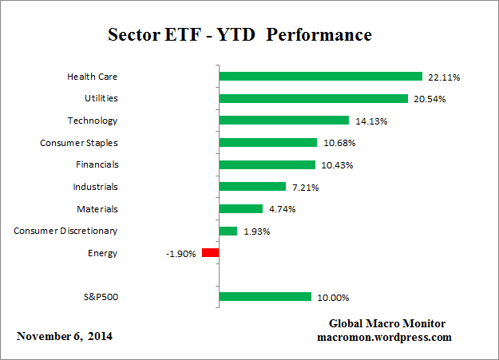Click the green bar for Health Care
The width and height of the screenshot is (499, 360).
click(320, 77)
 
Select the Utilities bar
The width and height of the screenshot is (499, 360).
click(314, 99)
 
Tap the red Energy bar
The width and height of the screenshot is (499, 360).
click(210, 253)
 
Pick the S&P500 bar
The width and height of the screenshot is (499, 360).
click(265, 297)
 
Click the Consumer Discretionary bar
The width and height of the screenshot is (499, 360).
click(228, 231)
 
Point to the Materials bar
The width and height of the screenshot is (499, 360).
click(240, 209)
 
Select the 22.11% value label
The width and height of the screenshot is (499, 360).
click(443, 77)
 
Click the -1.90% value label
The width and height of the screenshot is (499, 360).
click(180, 254)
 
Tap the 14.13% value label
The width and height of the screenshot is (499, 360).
click(370, 121)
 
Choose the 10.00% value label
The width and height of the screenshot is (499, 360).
click(331, 298)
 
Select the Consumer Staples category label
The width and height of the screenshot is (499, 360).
click(79, 143)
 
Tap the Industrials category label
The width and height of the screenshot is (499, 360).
click(94, 187)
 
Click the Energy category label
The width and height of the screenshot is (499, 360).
click(103, 253)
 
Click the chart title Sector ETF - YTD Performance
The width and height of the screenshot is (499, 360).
click(240, 36)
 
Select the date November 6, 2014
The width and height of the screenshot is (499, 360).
click(65, 336)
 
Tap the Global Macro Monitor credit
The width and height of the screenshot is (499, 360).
click(387, 323)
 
